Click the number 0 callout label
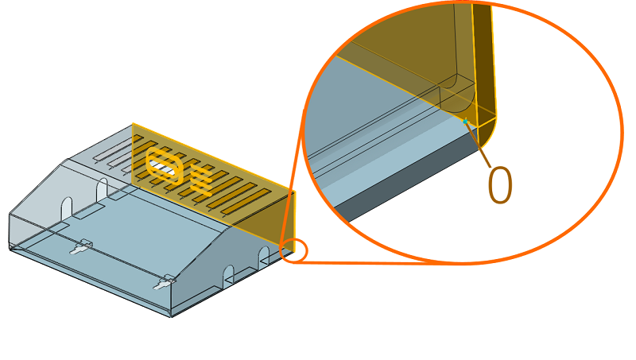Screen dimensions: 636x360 point(500,185)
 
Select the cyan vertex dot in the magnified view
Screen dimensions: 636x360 point(465,122)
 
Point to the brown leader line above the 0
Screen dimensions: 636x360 point(478,144)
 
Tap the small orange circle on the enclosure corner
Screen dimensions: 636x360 point(293,250)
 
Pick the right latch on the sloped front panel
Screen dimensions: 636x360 point(165,282)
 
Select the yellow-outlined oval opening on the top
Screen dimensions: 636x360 point(164,166)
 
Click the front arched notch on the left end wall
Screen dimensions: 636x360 point(67,207)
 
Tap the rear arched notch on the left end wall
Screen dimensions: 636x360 point(102,189)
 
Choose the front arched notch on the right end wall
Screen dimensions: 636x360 point(229,276)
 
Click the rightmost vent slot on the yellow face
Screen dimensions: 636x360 point(246,202)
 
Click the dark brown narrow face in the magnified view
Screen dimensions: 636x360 point(484,61)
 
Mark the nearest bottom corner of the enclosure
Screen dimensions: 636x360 point(171,316)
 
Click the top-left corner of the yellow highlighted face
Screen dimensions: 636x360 point(133,124)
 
